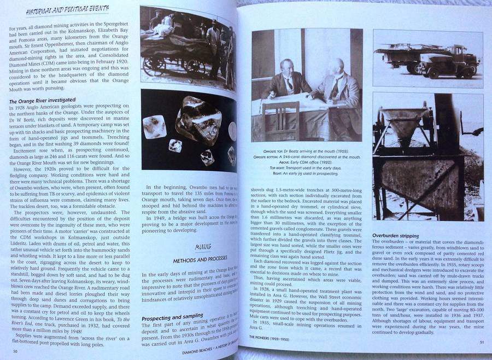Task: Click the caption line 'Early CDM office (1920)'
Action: (306, 162)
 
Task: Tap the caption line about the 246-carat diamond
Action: (306, 156)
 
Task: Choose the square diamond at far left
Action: (154, 126)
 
